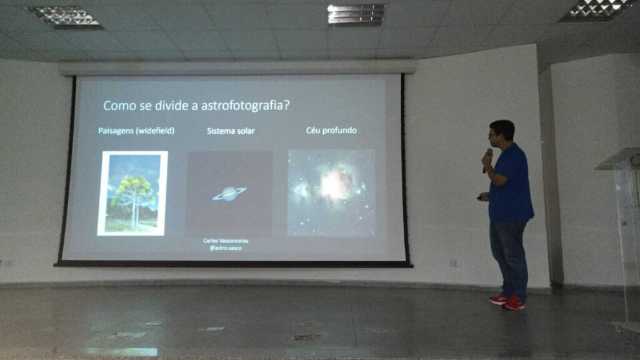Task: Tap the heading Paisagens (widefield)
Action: (136, 131)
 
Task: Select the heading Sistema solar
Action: (231, 131)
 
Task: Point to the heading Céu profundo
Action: (331, 130)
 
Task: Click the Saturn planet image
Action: (229, 194)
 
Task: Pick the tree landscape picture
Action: (132, 193)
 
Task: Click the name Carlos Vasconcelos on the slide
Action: (226, 241)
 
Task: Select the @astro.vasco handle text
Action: (226, 247)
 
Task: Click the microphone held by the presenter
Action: (487, 159)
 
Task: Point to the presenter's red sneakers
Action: (507, 302)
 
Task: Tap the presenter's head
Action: (502, 131)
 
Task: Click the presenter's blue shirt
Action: (511, 184)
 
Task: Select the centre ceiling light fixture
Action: (356, 14)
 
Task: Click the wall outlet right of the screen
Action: (455, 263)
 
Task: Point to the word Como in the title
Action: (119, 106)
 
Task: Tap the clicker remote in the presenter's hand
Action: (482, 198)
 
